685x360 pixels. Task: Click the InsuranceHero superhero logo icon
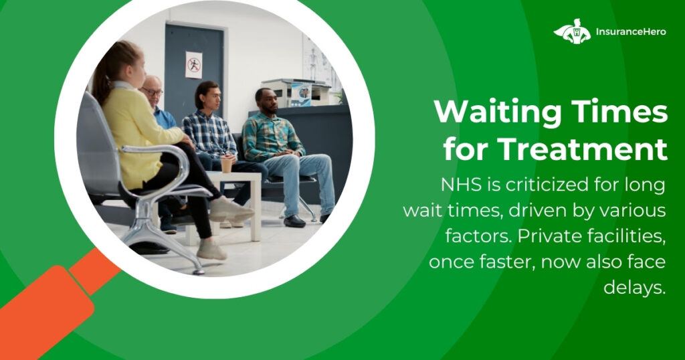pyautogui.click(x=572, y=31)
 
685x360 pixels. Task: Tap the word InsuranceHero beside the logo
pyautogui.click(x=631, y=31)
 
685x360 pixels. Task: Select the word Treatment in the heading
pyautogui.click(x=583, y=149)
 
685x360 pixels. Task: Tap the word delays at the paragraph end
pyautogui.click(x=635, y=288)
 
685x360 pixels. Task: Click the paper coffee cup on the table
pyautogui.click(x=226, y=164)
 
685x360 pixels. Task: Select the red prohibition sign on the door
pyautogui.click(x=193, y=65)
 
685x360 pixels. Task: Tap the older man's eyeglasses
pyautogui.click(x=153, y=92)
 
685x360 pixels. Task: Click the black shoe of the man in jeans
pyautogui.click(x=294, y=221)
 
